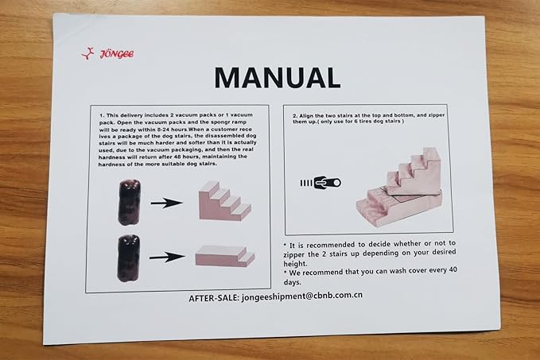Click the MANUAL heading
pyautogui.click(x=278, y=78)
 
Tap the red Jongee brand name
pyautogui.click(x=117, y=54)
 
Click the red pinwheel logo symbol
pyautogui.click(x=87, y=54)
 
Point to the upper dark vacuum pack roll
pyautogui.click(x=130, y=202)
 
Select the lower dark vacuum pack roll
pyautogui.click(x=129, y=258)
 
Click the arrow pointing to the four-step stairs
pyautogui.click(x=167, y=203)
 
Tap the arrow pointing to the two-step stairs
pyautogui.click(x=167, y=257)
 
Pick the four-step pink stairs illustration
pyautogui.click(x=224, y=200)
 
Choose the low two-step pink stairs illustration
pyautogui.click(x=225, y=256)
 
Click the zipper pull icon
pyautogui.click(x=321, y=183)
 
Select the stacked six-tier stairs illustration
pyautogui.click(x=400, y=187)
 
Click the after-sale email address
pyautogui.click(x=302, y=296)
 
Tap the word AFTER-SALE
pyautogui.click(x=213, y=298)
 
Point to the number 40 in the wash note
pyautogui.click(x=453, y=270)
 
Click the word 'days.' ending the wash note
pyautogui.click(x=293, y=282)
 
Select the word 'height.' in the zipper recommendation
pyautogui.click(x=295, y=264)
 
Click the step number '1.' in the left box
pyautogui.click(x=102, y=115)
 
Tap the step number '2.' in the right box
pyautogui.click(x=295, y=116)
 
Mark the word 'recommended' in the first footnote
pyautogui.click(x=331, y=245)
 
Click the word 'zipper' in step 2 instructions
pyautogui.click(x=437, y=115)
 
